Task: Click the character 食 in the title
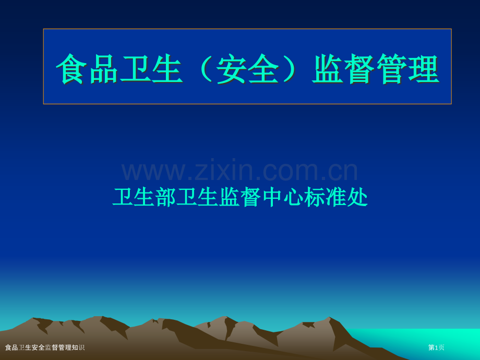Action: click(72, 69)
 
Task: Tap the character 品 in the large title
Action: click(104, 69)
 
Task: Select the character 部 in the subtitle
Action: click(166, 197)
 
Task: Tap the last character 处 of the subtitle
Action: click(358, 197)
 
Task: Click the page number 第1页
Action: click(436, 347)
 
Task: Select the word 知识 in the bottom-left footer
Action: click(78, 347)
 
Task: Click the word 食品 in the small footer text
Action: click(11, 347)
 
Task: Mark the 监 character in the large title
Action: click(328, 69)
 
